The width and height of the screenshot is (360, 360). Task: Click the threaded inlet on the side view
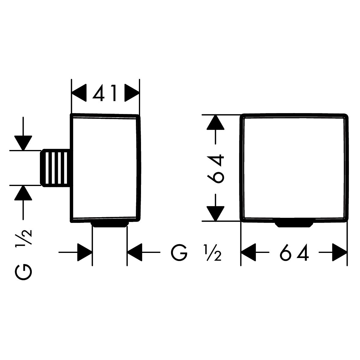pos(55,168)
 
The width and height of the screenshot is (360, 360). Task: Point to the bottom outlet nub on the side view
pos(110,225)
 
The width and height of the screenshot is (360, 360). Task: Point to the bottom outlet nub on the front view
pos(294,224)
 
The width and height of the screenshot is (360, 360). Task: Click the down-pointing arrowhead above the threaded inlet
pos(24,142)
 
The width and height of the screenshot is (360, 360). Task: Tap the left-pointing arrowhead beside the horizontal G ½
pos(135,253)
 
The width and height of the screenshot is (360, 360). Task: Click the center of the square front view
pos(294,168)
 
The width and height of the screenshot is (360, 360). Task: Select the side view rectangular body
pos(105,168)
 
